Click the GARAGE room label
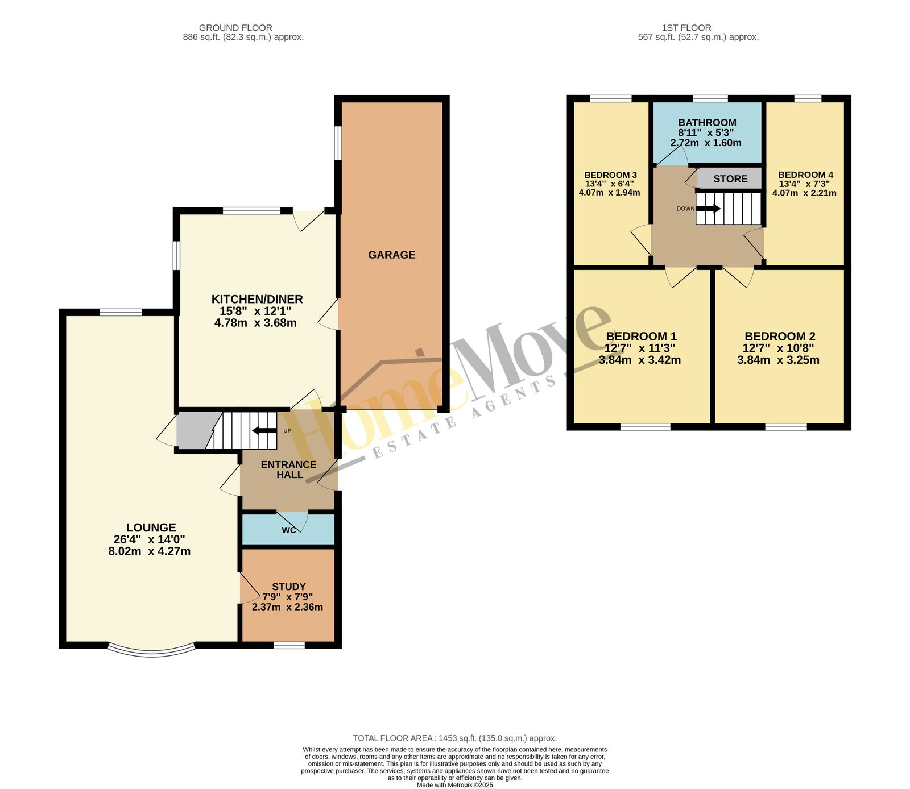(x=391, y=255)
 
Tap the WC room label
(x=289, y=530)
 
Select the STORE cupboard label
(x=730, y=179)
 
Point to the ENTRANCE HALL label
(x=289, y=470)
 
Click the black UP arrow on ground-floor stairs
(x=264, y=430)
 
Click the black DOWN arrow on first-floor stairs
(x=708, y=209)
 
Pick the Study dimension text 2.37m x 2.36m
(x=287, y=607)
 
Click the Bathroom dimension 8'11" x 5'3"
(x=706, y=132)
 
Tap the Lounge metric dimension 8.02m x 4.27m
(x=150, y=551)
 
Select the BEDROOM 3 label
(x=610, y=175)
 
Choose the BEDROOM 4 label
(x=805, y=175)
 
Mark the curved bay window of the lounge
(x=151, y=651)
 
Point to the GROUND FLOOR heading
(x=235, y=28)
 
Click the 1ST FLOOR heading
(x=686, y=28)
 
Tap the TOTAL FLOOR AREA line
(x=455, y=738)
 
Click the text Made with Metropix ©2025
(x=455, y=785)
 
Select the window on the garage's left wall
(x=338, y=143)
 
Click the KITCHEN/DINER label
(x=257, y=300)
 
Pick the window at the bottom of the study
(x=289, y=645)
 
